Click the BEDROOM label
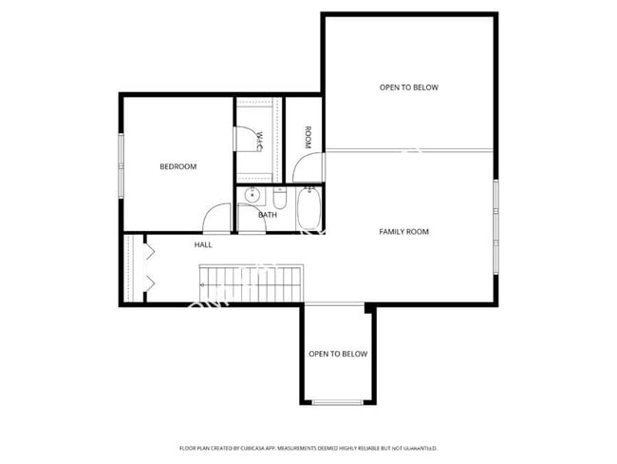[x=178, y=166]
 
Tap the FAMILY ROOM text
[x=403, y=232]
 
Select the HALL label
[x=203, y=244]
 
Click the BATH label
[x=268, y=215]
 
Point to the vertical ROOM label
[x=308, y=137]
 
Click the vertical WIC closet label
[x=258, y=141]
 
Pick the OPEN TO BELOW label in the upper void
[x=409, y=87]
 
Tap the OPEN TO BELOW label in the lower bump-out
[x=338, y=354]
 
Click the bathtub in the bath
[x=308, y=208]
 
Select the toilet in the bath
[x=279, y=200]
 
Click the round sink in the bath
[x=252, y=197]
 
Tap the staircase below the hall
[x=249, y=282]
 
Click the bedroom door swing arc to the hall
[x=216, y=221]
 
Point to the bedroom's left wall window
[x=121, y=166]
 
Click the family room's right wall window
[x=495, y=225]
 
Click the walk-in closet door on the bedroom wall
[x=236, y=135]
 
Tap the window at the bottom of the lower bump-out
[x=338, y=402]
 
